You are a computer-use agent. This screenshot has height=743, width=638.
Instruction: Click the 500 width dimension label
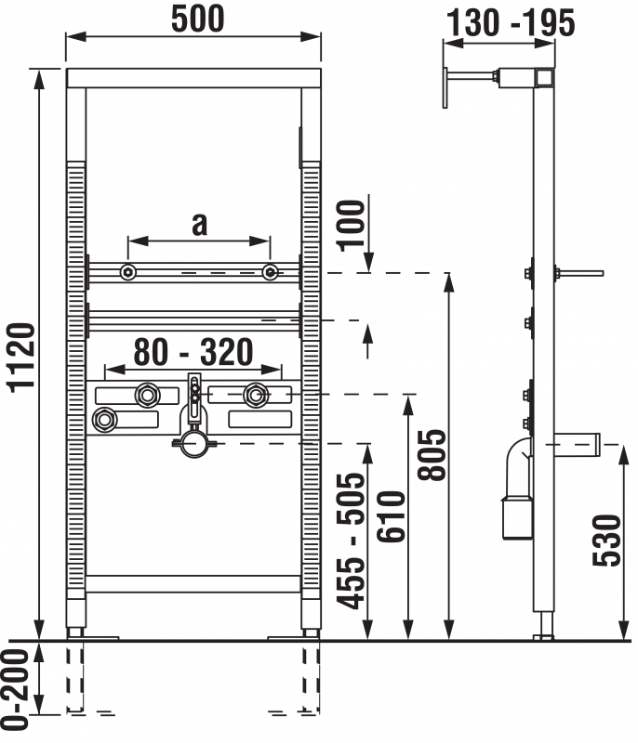click(197, 19)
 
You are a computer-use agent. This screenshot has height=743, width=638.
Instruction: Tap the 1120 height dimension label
click(21, 358)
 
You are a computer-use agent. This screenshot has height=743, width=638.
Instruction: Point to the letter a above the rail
click(200, 224)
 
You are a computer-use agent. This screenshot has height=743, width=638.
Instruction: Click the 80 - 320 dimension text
click(193, 352)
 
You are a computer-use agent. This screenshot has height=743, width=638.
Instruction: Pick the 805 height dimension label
click(432, 455)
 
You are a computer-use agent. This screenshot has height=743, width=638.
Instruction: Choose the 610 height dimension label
click(392, 516)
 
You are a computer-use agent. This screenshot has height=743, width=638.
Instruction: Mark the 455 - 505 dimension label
click(351, 541)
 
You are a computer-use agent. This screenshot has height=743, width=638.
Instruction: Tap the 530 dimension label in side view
click(606, 541)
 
